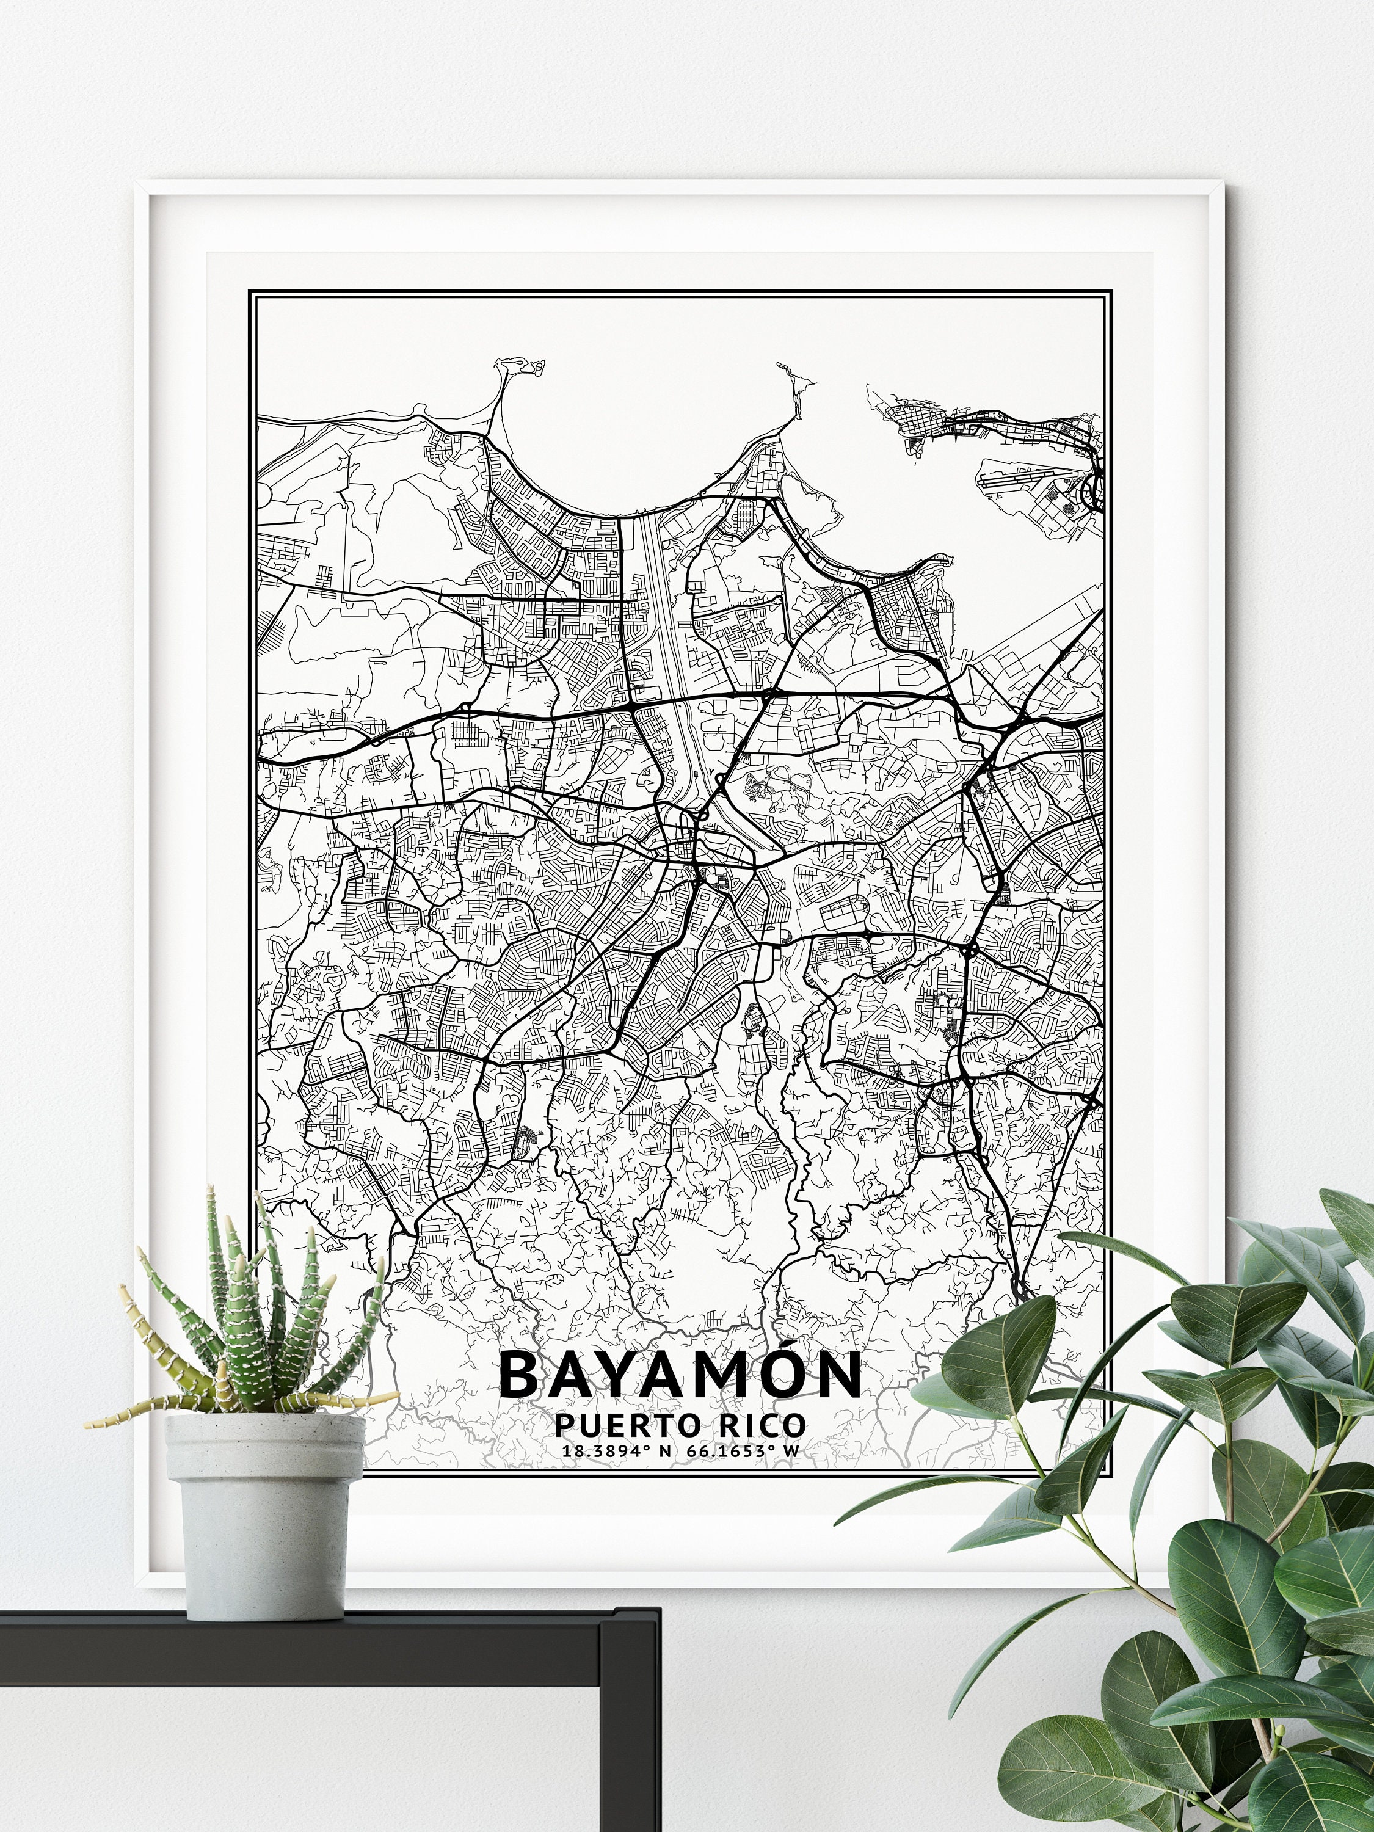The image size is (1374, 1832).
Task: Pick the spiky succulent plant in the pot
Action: pos(249,1342)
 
